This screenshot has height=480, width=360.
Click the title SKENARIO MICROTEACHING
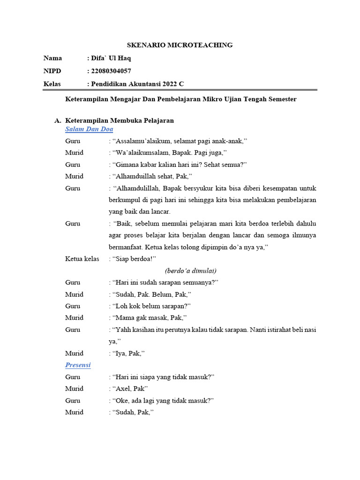pos(180,45)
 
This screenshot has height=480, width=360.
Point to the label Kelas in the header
pos(52,83)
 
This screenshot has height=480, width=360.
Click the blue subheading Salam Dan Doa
pos(89,129)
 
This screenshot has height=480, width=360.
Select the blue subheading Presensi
pos(78,365)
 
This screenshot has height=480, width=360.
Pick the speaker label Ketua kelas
pos(82,259)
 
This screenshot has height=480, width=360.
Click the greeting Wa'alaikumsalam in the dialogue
pos(141,153)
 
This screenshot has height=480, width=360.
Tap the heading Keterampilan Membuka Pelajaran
pos(120,120)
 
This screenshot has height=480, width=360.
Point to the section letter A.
pos(57,120)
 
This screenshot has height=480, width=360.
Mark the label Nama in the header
pos(52,58)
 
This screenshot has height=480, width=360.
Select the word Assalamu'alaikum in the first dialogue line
pos(144,141)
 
